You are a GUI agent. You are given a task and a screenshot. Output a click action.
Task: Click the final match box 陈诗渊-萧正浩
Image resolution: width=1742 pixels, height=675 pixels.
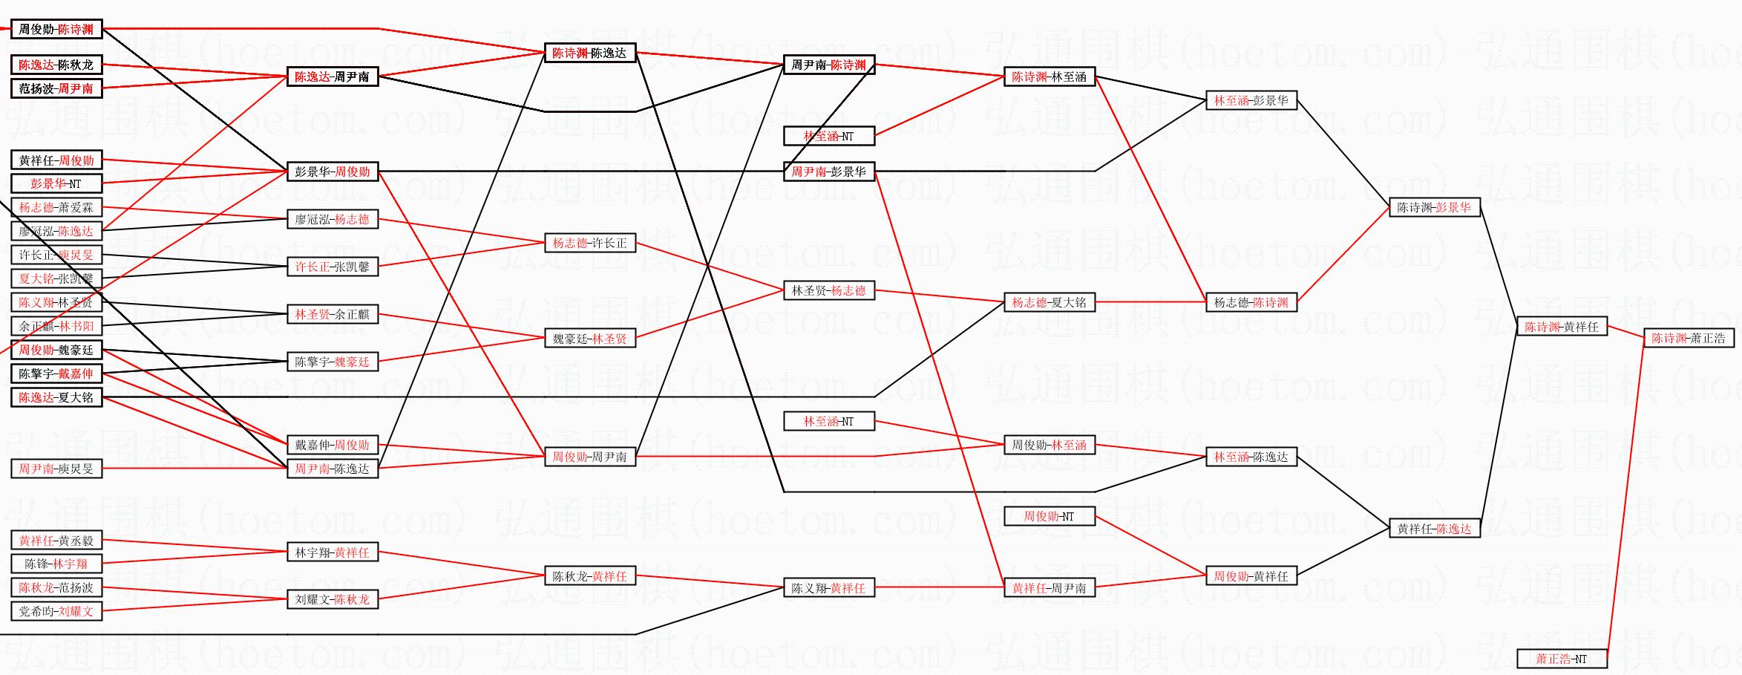pyautogui.click(x=1689, y=339)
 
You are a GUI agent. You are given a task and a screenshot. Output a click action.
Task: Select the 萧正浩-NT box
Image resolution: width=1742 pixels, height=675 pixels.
pyautogui.click(x=1562, y=659)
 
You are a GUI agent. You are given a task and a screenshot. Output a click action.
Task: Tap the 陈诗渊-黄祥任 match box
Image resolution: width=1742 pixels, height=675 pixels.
pyautogui.click(x=1562, y=327)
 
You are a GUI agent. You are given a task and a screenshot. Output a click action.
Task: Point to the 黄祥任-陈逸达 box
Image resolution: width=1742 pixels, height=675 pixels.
pyautogui.click(x=1434, y=529)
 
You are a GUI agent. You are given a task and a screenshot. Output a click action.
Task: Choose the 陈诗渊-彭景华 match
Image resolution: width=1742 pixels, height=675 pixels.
pyautogui.click(x=1434, y=208)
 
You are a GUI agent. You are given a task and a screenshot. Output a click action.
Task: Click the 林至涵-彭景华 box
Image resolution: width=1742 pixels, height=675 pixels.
pyautogui.click(x=1251, y=100)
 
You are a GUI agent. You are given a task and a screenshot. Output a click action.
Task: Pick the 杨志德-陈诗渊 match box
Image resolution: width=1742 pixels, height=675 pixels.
pyautogui.click(x=1251, y=302)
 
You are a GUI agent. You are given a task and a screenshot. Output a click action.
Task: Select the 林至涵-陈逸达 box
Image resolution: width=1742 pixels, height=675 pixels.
pyautogui.click(x=1251, y=457)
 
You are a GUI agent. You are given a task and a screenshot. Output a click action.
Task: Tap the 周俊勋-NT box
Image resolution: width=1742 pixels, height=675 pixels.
pyautogui.click(x=1049, y=516)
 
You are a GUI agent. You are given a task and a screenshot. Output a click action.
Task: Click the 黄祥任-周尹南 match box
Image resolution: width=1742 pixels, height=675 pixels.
pyautogui.click(x=1049, y=588)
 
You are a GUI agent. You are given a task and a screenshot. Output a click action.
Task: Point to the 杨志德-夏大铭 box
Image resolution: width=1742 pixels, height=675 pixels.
pyautogui.click(x=1049, y=302)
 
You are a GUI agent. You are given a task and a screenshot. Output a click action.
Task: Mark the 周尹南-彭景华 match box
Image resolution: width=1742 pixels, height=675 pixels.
pyautogui.click(x=828, y=172)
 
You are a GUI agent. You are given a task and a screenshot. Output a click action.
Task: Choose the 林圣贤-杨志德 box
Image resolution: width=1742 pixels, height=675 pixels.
pyautogui.click(x=828, y=290)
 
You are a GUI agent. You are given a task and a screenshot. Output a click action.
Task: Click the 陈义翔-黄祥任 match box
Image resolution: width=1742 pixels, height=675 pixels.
pyautogui.click(x=828, y=588)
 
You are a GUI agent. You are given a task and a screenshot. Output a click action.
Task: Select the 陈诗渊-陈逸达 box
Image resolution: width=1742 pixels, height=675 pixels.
pyautogui.click(x=589, y=53)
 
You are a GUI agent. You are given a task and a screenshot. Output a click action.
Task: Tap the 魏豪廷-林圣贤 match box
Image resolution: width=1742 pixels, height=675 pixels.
pyautogui.click(x=589, y=339)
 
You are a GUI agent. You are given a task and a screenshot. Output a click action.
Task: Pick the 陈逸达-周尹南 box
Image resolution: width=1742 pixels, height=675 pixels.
pyautogui.click(x=332, y=76)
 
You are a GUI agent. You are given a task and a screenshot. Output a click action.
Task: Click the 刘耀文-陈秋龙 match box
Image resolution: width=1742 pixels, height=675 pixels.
pyautogui.click(x=332, y=599)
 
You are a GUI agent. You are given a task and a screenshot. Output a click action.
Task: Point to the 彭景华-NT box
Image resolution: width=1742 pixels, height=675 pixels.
pyautogui.click(x=56, y=183)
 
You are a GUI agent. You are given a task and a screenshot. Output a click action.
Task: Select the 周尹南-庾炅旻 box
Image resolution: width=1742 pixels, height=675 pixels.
pyautogui.click(x=56, y=469)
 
